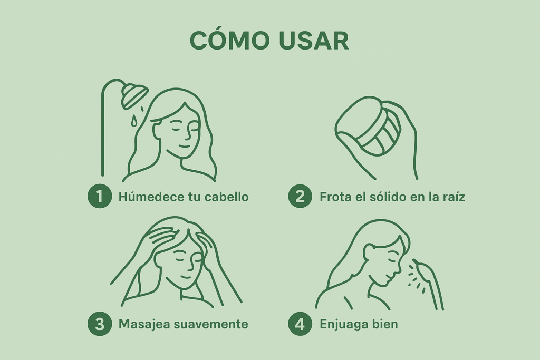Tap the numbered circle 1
tap(100, 196)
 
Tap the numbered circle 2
tap(300, 196)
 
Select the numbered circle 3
tap(100, 324)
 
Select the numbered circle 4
tap(300, 324)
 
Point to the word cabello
tap(226, 197)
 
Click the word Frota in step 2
tap(336, 197)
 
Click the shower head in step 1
tap(134, 94)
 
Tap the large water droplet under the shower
tap(133, 121)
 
